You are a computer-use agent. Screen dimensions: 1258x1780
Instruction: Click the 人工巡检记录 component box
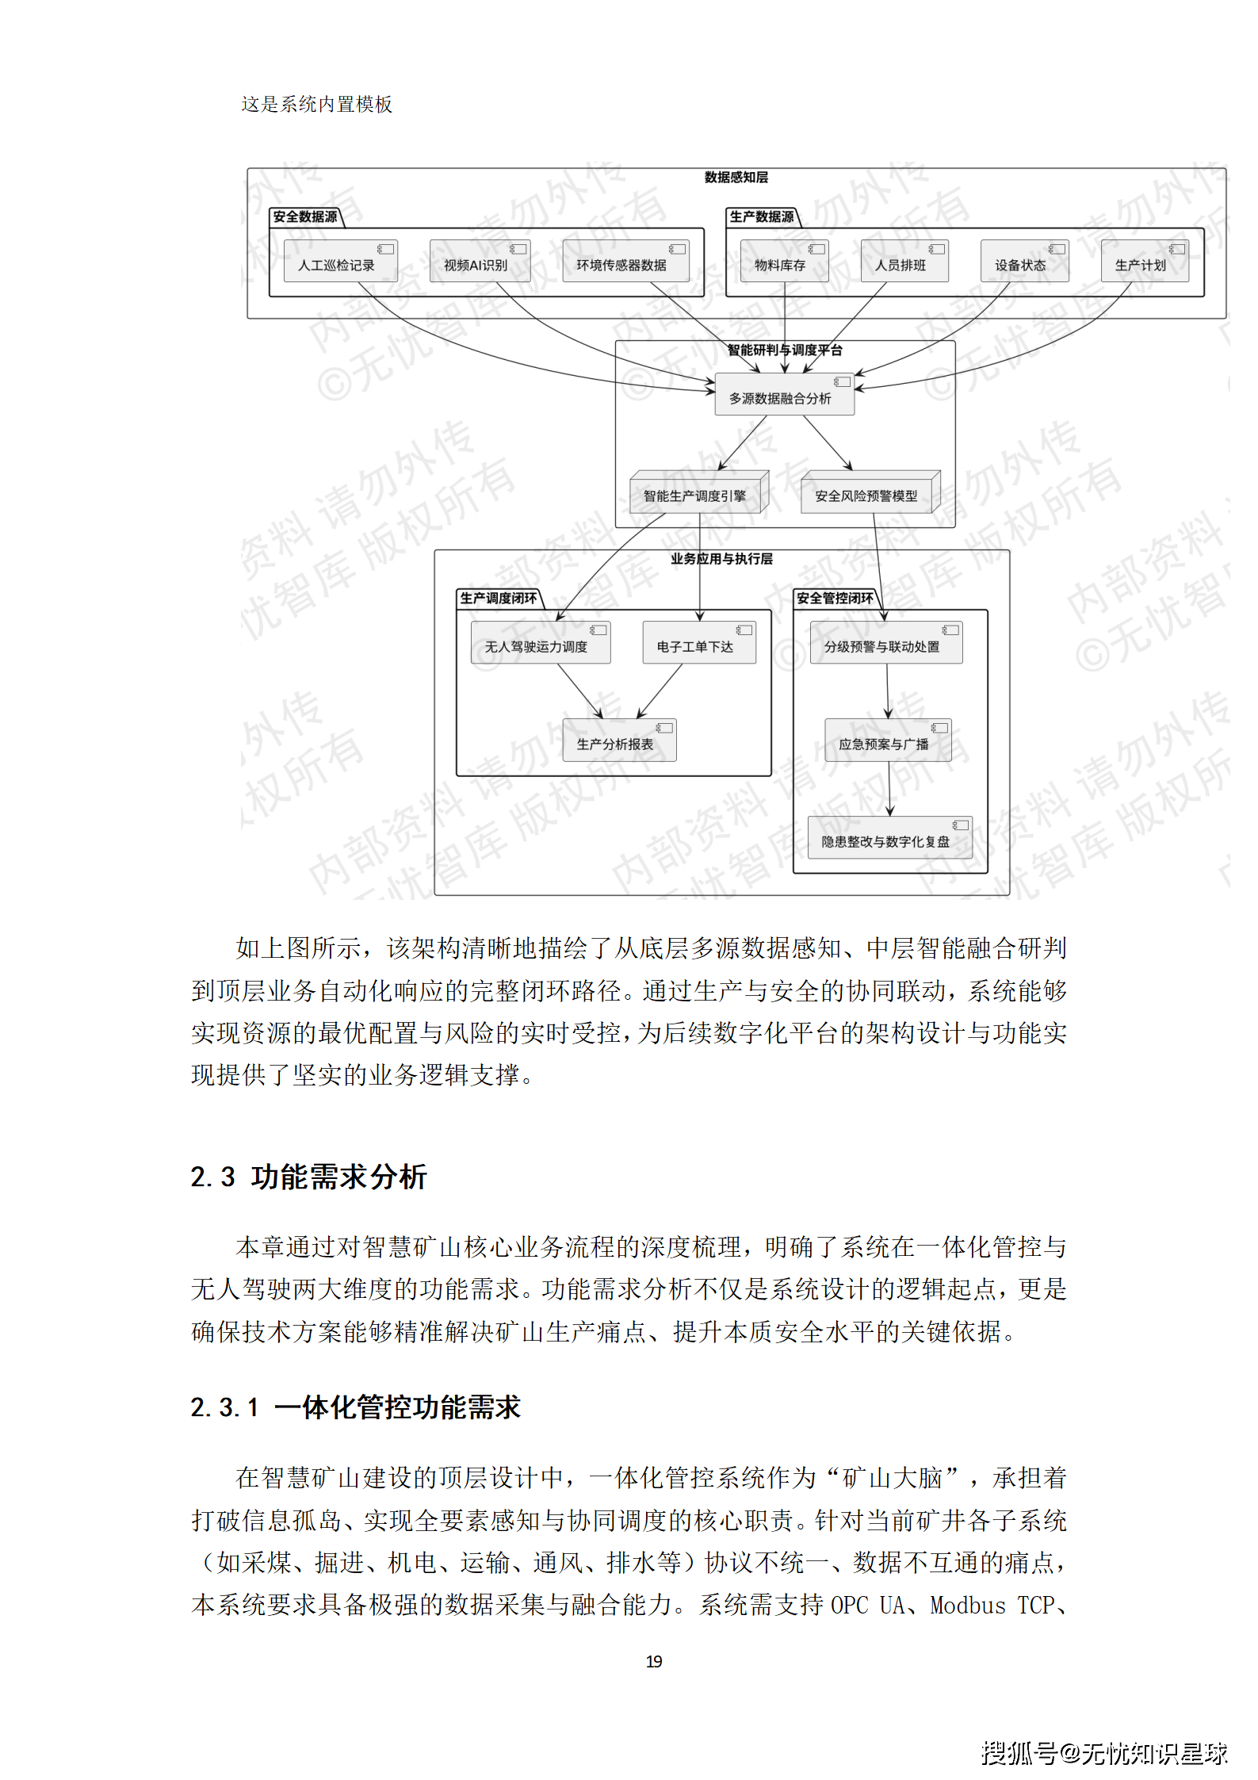pos(340,262)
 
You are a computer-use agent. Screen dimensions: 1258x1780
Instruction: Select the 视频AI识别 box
pos(479,262)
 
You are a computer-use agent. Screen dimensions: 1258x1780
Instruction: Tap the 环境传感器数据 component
pos(625,262)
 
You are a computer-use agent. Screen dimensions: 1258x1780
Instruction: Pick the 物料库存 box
pos(783,262)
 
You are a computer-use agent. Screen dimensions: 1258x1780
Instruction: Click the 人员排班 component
pos(904,262)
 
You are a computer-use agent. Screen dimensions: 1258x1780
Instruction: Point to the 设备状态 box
pos(1023,262)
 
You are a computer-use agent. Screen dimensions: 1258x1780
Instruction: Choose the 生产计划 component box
pos(1144,262)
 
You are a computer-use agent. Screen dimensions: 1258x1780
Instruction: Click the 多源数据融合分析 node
pos(784,395)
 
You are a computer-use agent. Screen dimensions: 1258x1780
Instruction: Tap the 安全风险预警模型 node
pos(869,494)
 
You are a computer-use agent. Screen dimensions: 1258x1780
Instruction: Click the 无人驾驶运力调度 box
pos(540,643)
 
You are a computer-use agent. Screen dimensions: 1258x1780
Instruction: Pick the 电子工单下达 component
pos(698,643)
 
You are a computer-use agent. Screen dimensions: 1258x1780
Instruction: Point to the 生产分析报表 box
pos(618,741)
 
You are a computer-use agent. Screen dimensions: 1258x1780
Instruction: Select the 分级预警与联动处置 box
pos(885,643)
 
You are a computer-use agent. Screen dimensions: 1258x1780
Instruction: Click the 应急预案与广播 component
pos(887,741)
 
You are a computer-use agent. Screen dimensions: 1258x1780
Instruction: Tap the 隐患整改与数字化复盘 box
pos(889,838)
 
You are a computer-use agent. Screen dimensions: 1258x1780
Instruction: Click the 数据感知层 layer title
pos(736,178)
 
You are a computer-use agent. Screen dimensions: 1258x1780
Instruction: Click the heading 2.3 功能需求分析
pos(308,1177)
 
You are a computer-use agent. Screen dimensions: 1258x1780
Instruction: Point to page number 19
pos(654,1661)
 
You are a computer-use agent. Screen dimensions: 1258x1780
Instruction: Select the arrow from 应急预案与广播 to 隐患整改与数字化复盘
pos(889,789)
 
